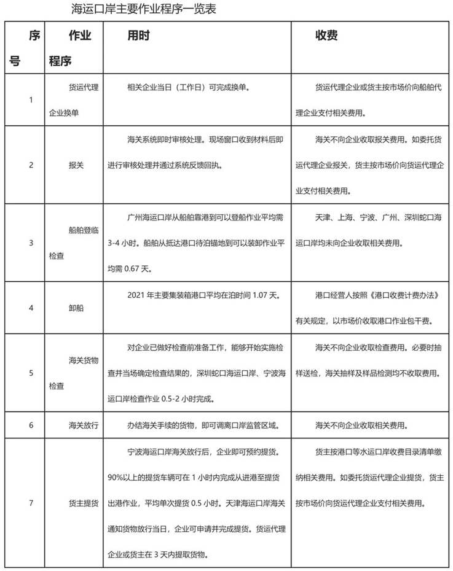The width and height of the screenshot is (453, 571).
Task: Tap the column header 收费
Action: pyautogui.click(x=326, y=36)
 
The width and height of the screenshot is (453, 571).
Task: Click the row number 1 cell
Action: pyautogui.click(x=31, y=100)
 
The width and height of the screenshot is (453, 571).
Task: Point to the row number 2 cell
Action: pyautogui.click(x=31, y=165)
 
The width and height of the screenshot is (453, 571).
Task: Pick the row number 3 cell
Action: pyautogui.click(x=31, y=243)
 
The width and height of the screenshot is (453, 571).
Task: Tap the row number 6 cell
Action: pyautogui.click(x=31, y=425)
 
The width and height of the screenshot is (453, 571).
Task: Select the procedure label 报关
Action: pyautogui.click(x=76, y=165)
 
